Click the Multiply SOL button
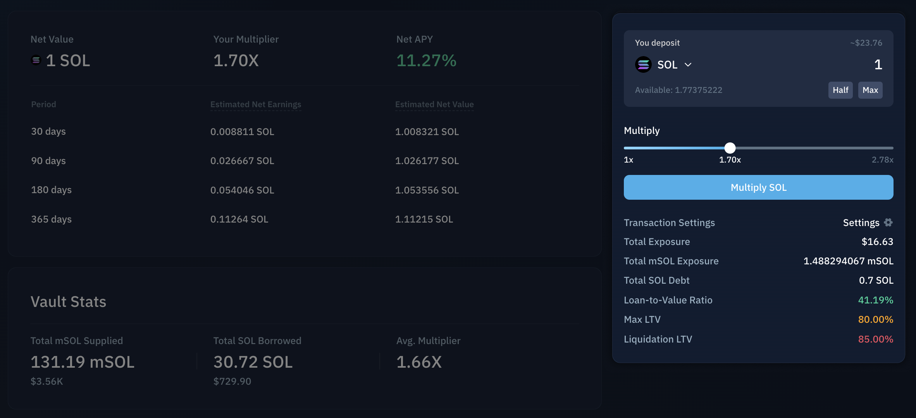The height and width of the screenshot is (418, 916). (x=758, y=187)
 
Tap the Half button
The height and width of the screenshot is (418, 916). (x=840, y=90)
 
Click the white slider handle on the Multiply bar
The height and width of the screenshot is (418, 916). (x=730, y=148)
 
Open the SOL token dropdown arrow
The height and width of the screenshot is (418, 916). (x=688, y=65)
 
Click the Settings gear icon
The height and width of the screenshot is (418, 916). (x=888, y=223)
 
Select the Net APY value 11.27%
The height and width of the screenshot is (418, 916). (x=426, y=60)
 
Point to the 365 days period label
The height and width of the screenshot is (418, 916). (x=51, y=219)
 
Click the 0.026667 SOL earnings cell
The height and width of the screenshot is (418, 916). (x=242, y=161)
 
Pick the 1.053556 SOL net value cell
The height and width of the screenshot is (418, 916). (x=427, y=190)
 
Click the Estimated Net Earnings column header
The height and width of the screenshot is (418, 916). (x=256, y=104)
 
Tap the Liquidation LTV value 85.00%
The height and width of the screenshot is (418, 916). (x=875, y=339)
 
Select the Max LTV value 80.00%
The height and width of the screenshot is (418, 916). (x=875, y=319)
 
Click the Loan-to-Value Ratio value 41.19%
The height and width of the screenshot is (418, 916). (x=875, y=300)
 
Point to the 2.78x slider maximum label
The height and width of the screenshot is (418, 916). (x=882, y=160)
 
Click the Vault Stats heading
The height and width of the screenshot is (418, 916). (x=68, y=302)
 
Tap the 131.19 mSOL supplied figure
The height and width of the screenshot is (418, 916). (x=83, y=362)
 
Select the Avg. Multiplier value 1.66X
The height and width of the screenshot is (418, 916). (x=419, y=362)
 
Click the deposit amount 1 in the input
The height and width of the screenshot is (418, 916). (x=878, y=65)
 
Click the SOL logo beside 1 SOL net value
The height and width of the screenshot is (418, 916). (x=36, y=60)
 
